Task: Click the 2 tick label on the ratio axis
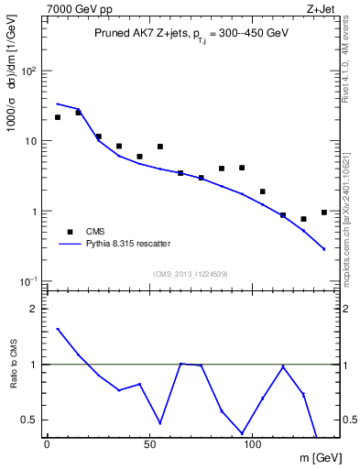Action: click(x=33, y=309)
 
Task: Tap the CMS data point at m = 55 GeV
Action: click(x=160, y=147)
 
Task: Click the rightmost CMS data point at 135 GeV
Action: click(x=324, y=213)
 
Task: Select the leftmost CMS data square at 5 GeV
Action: click(x=58, y=117)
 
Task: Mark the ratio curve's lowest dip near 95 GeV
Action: click(x=243, y=432)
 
